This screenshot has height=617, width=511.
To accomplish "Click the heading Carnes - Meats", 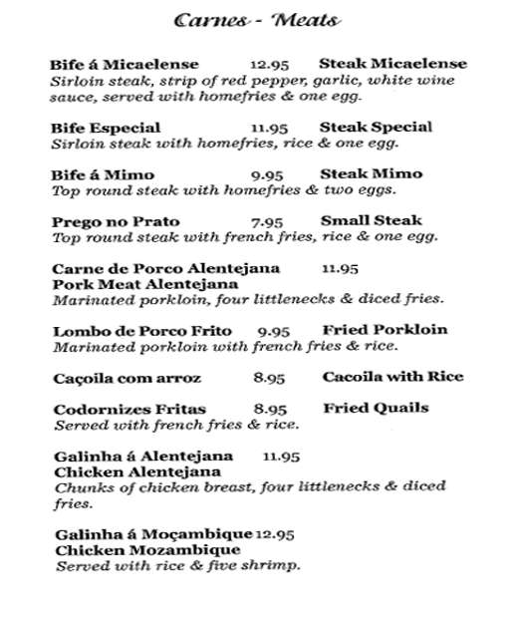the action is click(257, 21).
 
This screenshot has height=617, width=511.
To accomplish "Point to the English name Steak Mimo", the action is click(371, 173).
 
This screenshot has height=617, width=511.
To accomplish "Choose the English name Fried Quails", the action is click(376, 408).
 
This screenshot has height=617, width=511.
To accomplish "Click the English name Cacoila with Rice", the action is click(392, 378).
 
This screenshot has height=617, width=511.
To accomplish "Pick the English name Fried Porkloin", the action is click(384, 330).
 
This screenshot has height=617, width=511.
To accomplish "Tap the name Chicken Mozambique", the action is click(147, 549).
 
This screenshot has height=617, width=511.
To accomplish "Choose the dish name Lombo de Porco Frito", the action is click(141, 331).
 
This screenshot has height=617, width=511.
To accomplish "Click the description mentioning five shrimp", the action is click(177, 566).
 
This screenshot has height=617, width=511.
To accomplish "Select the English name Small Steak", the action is click(371, 220).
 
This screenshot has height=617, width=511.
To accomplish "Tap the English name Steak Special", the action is click(376, 127).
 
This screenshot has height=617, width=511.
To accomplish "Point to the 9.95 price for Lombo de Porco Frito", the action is click(273, 331).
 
